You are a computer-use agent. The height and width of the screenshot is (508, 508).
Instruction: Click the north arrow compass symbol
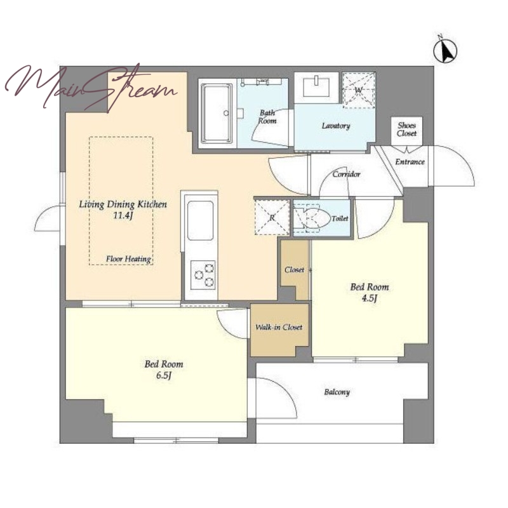tap(445, 51)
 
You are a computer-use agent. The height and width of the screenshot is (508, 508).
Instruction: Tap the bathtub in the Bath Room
tap(217, 113)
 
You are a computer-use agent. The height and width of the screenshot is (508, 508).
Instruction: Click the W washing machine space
tap(359, 90)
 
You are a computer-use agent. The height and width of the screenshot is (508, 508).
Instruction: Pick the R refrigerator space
tap(272, 217)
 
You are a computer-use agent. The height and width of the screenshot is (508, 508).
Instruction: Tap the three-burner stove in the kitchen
tap(203, 275)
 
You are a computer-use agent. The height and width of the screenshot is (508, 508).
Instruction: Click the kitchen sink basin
tap(201, 220)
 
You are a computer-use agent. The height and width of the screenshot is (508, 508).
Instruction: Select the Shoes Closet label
tap(407, 130)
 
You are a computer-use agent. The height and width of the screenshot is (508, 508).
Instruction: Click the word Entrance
tap(410, 162)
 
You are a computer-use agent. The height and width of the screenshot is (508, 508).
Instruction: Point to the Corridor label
tap(346, 174)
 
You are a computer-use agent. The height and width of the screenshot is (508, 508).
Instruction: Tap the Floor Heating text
tap(129, 259)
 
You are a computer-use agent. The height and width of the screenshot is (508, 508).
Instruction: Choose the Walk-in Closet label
tap(279, 327)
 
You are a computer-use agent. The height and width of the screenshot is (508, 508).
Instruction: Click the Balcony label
tap(337, 392)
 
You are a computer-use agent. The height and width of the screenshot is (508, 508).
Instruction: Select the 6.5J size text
tap(164, 376)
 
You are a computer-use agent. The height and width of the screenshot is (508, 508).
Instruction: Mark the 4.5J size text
tap(370, 298)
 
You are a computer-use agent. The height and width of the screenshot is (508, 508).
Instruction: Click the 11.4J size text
tap(123, 216)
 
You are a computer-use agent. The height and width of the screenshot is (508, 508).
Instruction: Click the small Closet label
tap(294, 269)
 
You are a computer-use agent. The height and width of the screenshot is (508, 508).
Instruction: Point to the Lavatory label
tap(336, 126)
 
